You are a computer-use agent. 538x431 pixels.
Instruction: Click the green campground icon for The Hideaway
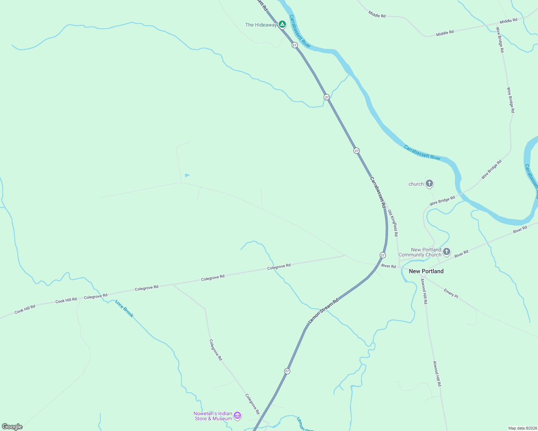(282, 24)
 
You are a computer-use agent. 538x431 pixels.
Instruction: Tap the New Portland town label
(426, 271)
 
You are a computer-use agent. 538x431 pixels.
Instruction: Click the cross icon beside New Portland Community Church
(446, 252)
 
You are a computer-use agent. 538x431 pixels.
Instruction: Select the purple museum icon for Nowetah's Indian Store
(237, 416)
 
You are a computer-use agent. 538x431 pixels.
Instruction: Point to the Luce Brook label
(124, 309)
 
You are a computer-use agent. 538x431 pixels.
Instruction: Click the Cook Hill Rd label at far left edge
(25, 309)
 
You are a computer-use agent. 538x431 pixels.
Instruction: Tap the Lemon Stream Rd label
(324, 310)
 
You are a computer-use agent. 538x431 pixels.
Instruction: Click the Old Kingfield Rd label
(393, 223)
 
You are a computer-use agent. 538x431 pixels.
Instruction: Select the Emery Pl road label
(451, 293)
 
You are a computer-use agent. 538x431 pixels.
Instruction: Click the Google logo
(12, 427)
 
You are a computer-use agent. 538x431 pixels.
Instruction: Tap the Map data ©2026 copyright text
(522, 428)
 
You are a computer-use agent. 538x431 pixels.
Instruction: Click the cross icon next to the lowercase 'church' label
(429, 184)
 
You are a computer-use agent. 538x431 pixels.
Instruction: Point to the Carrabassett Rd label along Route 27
(378, 192)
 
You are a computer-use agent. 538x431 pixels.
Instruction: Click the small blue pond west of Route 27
(187, 175)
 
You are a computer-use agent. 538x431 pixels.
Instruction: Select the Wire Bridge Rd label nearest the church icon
(442, 200)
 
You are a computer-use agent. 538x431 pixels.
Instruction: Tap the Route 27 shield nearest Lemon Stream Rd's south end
(287, 371)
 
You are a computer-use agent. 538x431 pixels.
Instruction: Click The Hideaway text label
(261, 25)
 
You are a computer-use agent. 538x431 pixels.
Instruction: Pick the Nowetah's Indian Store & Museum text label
(213, 416)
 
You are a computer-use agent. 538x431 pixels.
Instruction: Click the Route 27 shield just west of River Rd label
(383, 255)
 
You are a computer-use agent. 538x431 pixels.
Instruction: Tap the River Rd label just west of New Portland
(388, 266)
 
